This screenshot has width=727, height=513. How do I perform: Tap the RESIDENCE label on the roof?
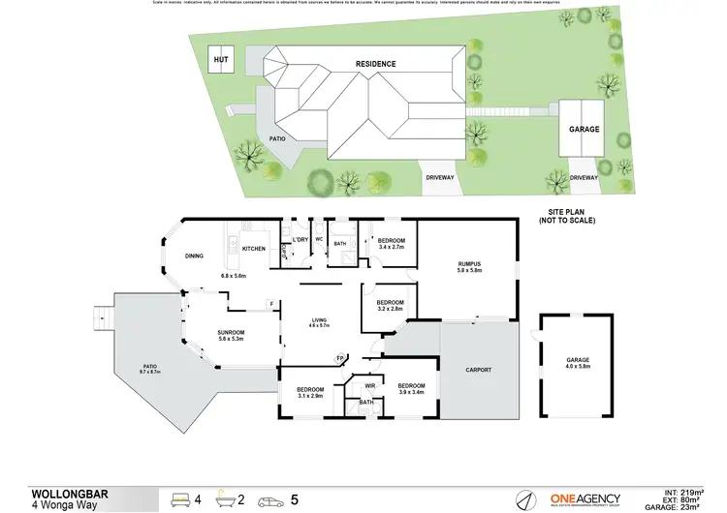(x=375, y=64)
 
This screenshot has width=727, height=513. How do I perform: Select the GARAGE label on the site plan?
(x=585, y=129)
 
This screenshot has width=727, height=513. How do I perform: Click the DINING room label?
(x=194, y=256)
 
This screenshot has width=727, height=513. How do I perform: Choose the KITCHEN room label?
(x=254, y=249)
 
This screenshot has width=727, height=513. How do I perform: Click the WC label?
(x=319, y=239)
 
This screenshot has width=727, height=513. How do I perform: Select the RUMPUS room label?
(x=470, y=263)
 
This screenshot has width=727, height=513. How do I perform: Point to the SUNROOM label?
(x=231, y=332)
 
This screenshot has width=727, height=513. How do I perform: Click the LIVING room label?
(x=320, y=321)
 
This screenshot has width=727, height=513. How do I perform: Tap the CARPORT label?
(x=478, y=370)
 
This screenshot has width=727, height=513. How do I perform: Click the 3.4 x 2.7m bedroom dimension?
(x=391, y=247)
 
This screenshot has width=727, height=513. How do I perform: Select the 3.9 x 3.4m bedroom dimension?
(x=411, y=392)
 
